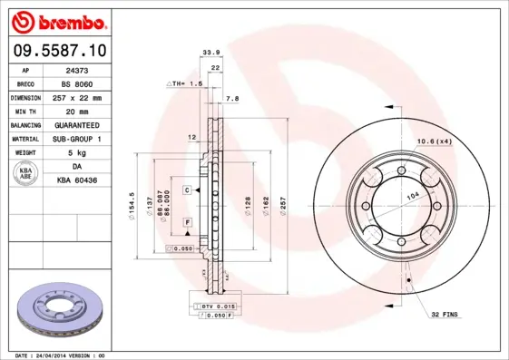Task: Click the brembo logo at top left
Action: point(56,20)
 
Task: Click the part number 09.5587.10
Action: point(56,52)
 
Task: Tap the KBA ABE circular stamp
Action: point(27,174)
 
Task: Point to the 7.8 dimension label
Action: point(231,97)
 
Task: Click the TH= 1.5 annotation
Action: point(186,83)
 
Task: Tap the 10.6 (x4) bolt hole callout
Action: point(434,141)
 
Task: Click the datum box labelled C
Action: point(185,190)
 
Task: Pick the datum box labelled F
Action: point(187,222)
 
